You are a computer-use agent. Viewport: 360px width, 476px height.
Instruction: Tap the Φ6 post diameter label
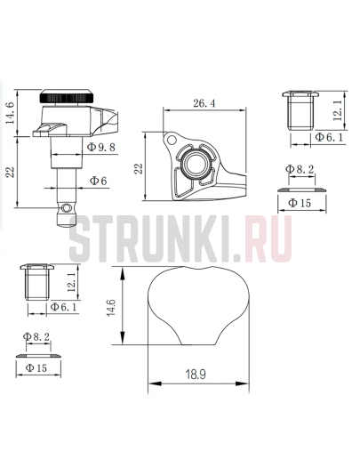click(98, 181)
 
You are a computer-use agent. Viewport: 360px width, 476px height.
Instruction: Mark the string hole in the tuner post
click(64, 206)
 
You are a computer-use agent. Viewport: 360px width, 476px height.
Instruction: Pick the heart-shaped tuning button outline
click(195, 306)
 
